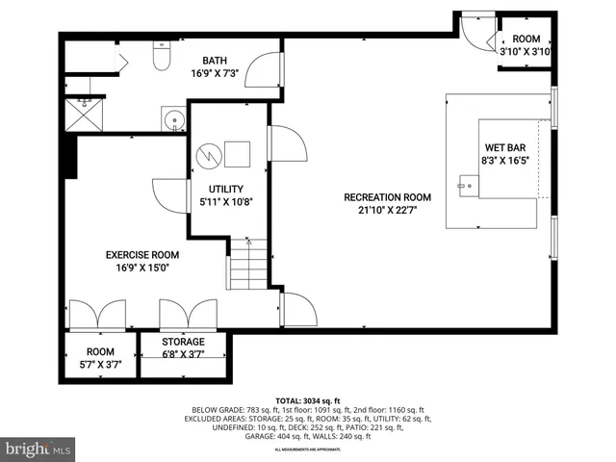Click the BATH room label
(215, 61)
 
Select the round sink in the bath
(172, 120)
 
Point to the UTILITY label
(225, 189)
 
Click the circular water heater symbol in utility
(207, 155)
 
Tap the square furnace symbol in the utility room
(237, 154)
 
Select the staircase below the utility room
(246, 262)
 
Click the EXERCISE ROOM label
(142, 255)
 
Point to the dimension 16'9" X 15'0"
(142, 269)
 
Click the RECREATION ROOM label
(388, 197)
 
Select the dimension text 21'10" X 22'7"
(388, 211)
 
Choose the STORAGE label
(183, 342)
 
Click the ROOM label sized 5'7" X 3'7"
(100, 352)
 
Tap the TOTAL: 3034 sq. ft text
(308, 399)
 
